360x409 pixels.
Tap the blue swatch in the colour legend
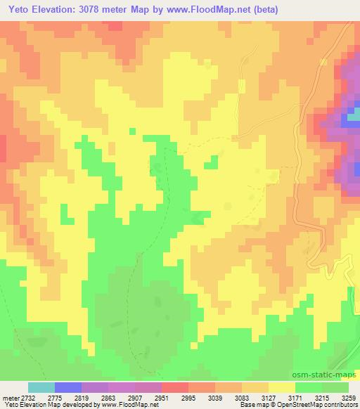coord(68,387)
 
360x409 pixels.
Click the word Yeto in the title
coord(16,10)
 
